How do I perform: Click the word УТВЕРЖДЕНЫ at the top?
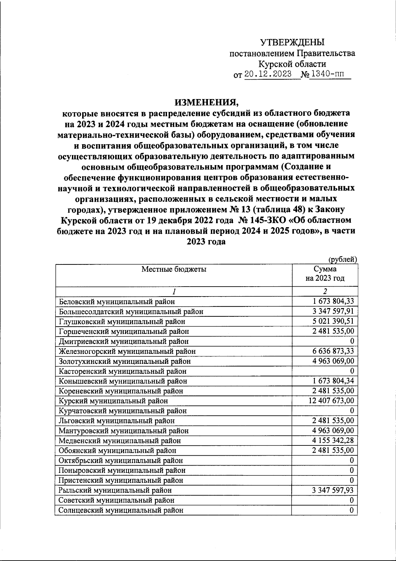pos(292,43)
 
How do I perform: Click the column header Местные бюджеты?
pos(174,269)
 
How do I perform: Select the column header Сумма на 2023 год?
pos(325,274)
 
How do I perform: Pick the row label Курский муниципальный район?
pos(113,401)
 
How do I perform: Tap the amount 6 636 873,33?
pos(333,351)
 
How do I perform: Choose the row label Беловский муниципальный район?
pos(117,302)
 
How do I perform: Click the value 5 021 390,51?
pos(333,321)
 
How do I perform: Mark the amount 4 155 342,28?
pos(333,440)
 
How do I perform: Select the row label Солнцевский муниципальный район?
pos(121,510)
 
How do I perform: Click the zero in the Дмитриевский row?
pos(352,341)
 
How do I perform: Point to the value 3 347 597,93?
pos(333,490)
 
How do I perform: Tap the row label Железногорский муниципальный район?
pos(127,352)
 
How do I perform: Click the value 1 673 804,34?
pos(333,381)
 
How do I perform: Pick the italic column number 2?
pos(325,292)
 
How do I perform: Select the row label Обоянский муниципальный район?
pos(117,451)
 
